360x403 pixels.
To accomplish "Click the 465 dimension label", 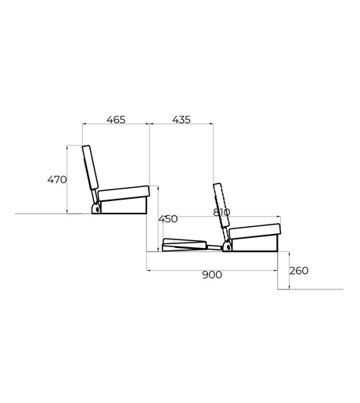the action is (x=116, y=120).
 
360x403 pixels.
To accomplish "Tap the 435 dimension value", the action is (x=182, y=120).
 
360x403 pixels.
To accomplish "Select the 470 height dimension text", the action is (x=57, y=180).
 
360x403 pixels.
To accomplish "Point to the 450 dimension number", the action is (x=168, y=219).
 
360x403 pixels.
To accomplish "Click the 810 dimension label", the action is (x=221, y=212).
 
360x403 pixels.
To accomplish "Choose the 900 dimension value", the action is (x=212, y=275).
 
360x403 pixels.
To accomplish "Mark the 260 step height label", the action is (x=299, y=271).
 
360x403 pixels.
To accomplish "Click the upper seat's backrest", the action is (x=90, y=167).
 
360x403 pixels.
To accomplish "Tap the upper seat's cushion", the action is (x=124, y=193).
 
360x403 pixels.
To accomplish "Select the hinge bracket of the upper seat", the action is (x=96, y=208).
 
